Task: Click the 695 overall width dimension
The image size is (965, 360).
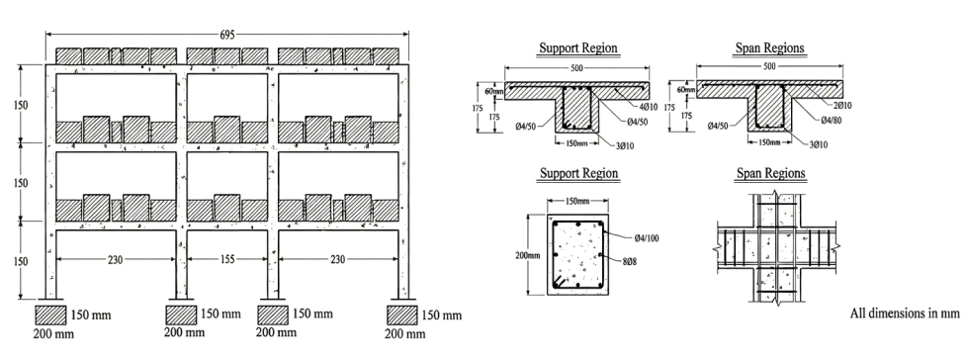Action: [x=227, y=35]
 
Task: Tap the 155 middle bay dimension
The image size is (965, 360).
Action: [x=227, y=260]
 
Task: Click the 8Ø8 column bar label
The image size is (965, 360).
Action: [x=629, y=261]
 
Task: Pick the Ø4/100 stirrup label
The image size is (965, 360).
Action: [x=647, y=238]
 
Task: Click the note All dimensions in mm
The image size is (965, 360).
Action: [x=905, y=314]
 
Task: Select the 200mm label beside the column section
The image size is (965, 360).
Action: [x=528, y=255]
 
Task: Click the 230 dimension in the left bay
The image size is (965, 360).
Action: [x=115, y=260]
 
